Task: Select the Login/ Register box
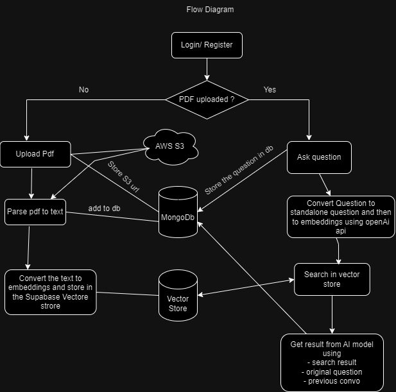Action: [207, 45]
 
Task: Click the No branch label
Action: [83, 90]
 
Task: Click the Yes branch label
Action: [270, 90]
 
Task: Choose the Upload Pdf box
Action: [35, 155]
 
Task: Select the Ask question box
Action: [319, 157]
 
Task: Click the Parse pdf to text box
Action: [35, 212]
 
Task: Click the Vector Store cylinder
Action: [177, 294]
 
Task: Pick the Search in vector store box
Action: [332, 279]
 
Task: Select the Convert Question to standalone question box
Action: [340, 216]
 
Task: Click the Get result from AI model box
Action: [332, 362]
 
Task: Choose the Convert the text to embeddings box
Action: [50, 292]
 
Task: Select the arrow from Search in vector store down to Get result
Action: [332, 314]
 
